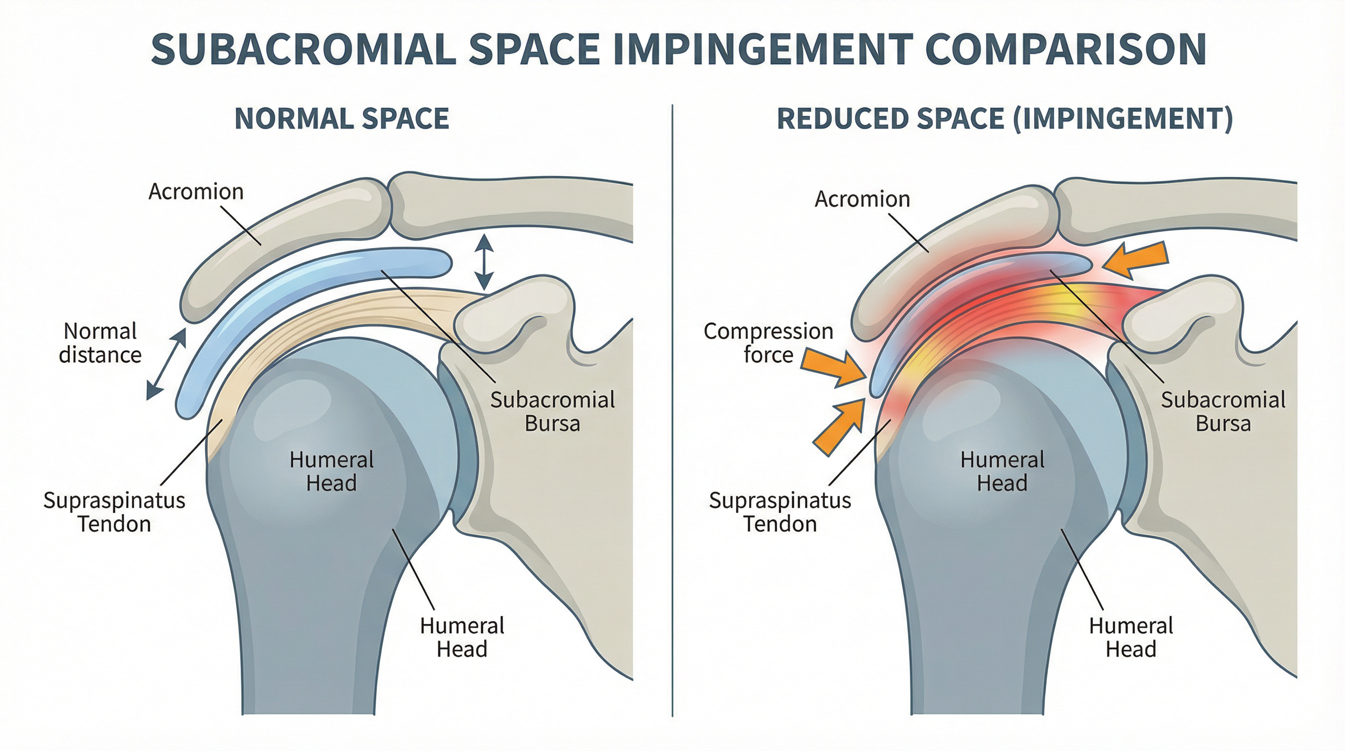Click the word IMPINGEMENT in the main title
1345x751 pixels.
[x=763, y=49]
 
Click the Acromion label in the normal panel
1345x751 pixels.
[x=196, y=192]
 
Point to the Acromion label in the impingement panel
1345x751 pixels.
[x=862, y=199]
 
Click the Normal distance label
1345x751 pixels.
[x=100, y=343]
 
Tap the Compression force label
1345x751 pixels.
[x=768, y=343]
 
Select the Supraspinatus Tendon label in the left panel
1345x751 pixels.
[x=114, y=512]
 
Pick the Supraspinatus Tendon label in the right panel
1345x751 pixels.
[x=780, y=512]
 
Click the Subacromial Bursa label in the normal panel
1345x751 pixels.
[x=552, y=412]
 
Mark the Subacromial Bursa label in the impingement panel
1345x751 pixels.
[x=1223, y=412]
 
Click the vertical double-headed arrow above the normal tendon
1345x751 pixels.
[x=484, y=262]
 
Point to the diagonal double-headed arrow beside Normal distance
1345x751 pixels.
[x=166, y=364]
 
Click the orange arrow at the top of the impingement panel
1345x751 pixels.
[x=1136, y=261]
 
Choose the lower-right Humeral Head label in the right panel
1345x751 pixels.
[x=1131, y=637]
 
